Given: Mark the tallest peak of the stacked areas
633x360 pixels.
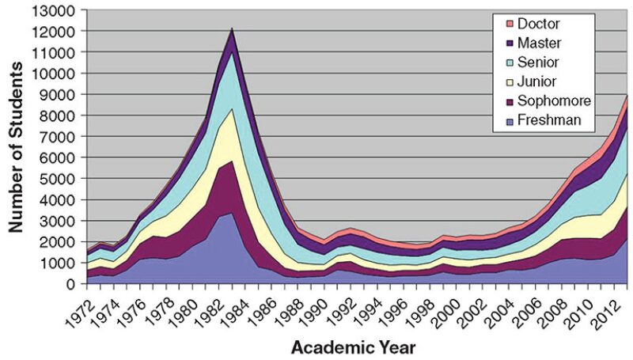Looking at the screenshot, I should [232, 30].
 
